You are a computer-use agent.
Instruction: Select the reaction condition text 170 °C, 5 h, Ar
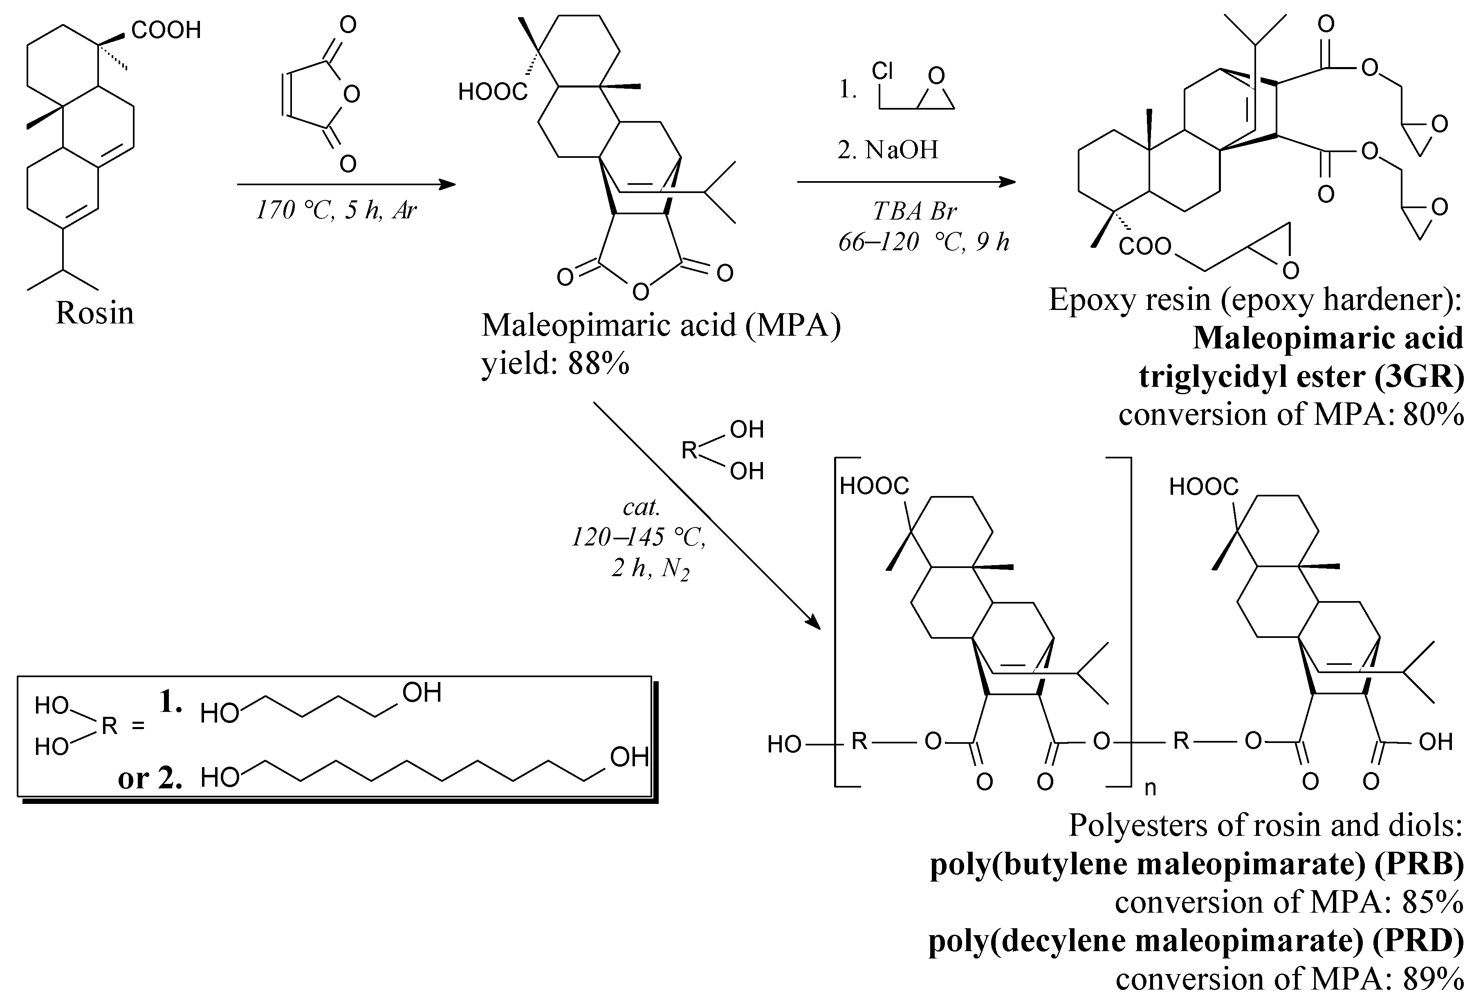coord(336,210)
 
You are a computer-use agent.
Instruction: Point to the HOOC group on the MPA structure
coord(493,92)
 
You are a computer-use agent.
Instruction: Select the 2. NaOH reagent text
coord(888,150)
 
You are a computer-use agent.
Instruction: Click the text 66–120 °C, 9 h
coord(923,242)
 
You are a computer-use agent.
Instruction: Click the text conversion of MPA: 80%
coord(1291,415)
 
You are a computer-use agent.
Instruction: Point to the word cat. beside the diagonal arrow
coord(641,507)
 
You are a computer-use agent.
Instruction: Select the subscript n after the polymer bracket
coord(1150,788)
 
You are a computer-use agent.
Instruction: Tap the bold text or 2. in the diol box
coord(150,778)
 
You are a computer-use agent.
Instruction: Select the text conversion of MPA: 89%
coord(1289,979)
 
